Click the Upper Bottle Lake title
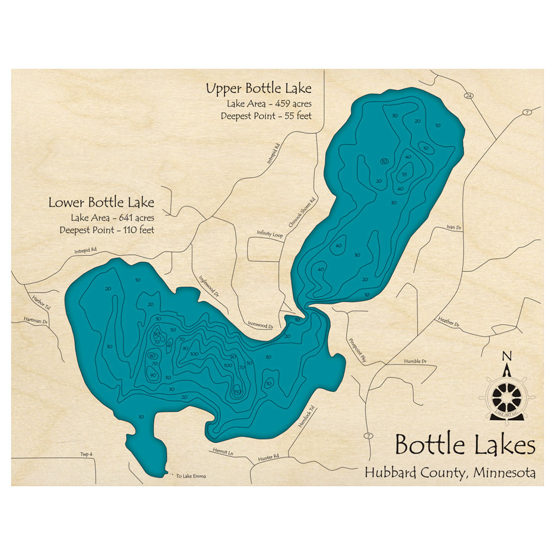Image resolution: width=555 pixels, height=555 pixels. [x=258, y=89]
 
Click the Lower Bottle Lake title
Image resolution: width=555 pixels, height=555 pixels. [x=101, y=203]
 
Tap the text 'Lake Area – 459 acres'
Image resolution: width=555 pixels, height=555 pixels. [x=269, y=104]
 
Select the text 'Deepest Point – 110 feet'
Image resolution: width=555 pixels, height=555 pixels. [x=108, y=230]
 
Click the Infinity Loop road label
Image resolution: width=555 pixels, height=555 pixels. [x=270, y=234]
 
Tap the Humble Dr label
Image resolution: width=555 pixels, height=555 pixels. [x=415, y=361]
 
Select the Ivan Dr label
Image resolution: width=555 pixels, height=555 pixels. [x=454, y=227]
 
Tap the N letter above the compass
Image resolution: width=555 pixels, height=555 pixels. [x=506, y=356]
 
